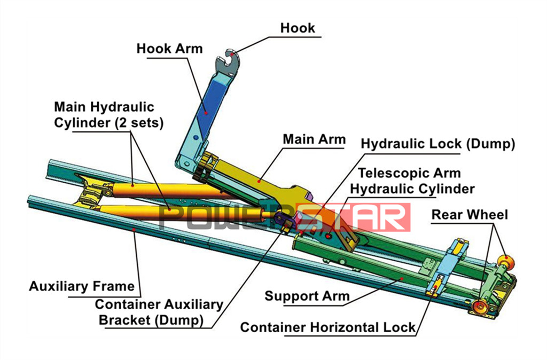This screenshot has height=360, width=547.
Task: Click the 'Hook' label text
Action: [298, 28]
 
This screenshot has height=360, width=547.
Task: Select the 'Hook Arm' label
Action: [169, 49]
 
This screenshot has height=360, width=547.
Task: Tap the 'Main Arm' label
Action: [314, 139]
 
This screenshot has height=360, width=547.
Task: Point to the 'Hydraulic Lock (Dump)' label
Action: [437, 144]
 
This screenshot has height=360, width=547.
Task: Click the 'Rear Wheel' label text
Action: [470, 215]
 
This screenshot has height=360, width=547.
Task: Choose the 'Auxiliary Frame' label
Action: [82, 286]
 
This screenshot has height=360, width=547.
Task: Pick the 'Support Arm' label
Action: [307, 296]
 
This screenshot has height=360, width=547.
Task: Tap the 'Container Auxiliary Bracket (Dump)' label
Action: [159, 312]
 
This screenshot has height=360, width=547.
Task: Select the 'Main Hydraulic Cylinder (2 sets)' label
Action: [108, 114]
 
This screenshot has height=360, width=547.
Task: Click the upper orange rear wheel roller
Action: [504, 261]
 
